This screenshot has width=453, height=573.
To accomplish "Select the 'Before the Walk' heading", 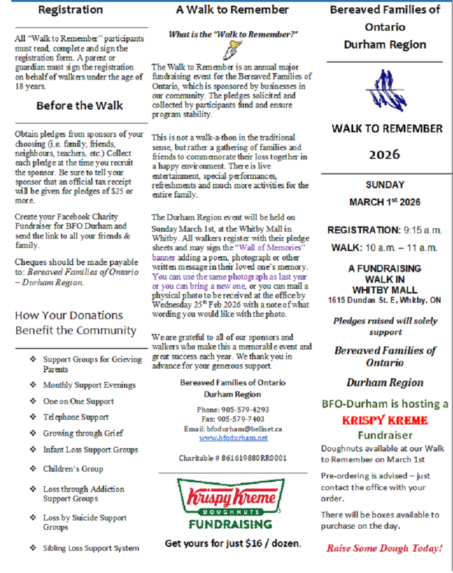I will click(80, 105).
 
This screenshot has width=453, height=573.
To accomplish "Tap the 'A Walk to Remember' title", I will click(232, 10).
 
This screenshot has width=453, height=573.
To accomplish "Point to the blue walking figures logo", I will click(385, 90).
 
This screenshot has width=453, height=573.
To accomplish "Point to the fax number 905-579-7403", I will click(240, 419).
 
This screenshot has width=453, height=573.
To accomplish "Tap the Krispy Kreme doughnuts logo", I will click(230, 497).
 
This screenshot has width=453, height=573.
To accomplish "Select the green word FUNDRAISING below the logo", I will click(230, 524).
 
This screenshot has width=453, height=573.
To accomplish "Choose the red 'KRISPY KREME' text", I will click(385, 420).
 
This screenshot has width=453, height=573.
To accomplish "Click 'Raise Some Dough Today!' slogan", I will click(384, 548).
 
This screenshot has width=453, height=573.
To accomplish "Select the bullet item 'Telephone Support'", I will click(76, 417).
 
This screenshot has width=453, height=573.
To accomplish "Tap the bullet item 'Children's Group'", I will click(73, 469).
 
